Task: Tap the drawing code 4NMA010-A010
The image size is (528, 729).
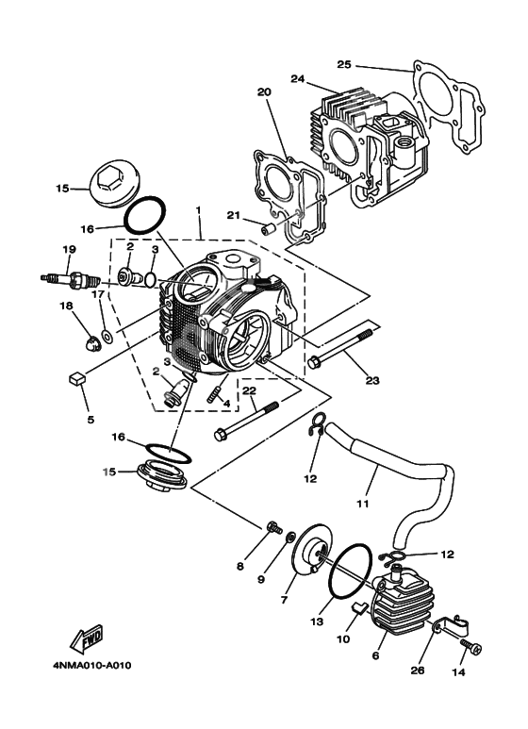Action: point(91,666)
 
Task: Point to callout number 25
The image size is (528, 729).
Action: point(344,64)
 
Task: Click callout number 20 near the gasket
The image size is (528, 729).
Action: point(263,92)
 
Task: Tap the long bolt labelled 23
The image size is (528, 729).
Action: point(345,345)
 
